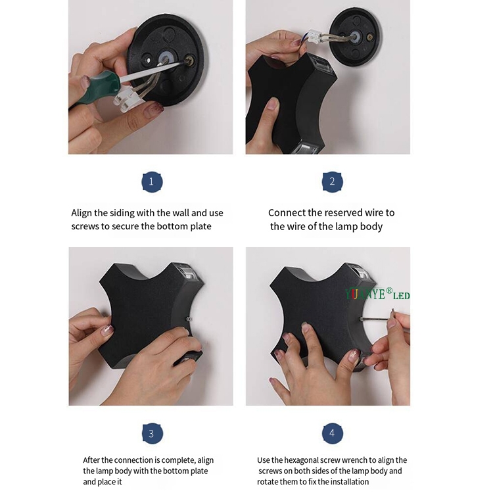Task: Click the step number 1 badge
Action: [x=152, y=181]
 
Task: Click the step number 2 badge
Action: [x=333, y=181]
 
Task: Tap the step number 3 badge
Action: [x=153, y=433]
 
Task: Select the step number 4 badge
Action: [x=333, y=433]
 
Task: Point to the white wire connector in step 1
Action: [x=128, y=99]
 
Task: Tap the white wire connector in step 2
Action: [x=316, y=37]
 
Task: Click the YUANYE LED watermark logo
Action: [x=377, y=294]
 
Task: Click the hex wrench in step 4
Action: [x=377, y=317]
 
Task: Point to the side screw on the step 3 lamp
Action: [x=189, y=319]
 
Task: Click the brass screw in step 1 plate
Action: [x=189, y=59]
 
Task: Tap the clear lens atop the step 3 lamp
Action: [x=189, y=271]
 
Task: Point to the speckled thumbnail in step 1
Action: [x=153, y=108]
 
